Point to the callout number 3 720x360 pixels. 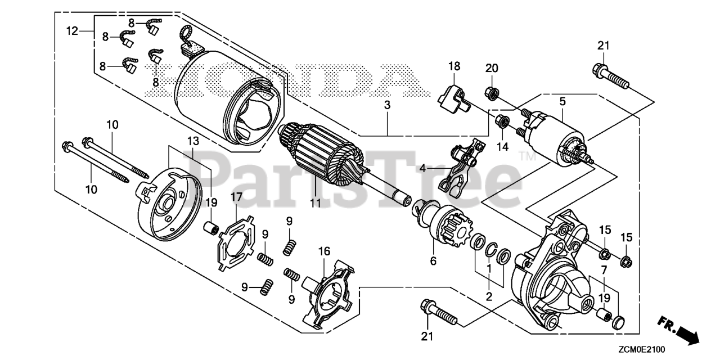387,105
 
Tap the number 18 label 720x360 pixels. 454,66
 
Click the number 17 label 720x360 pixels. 236,197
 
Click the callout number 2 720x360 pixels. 489,296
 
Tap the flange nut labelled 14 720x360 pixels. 502,120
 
